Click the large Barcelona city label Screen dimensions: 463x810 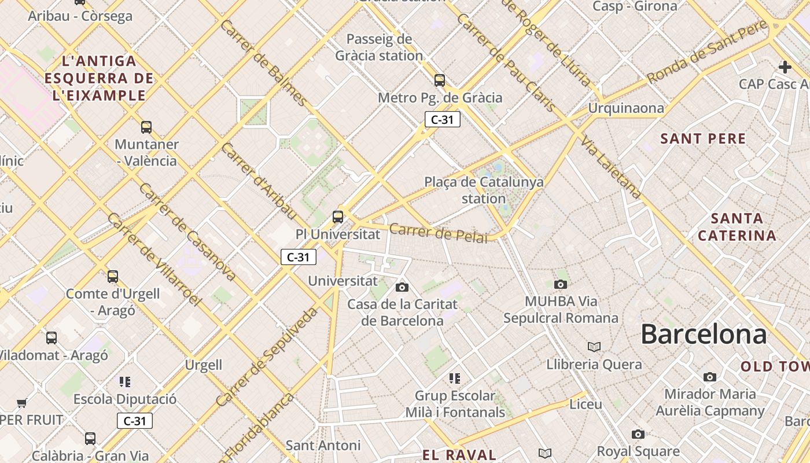pyautogui.click(x=704, y=335)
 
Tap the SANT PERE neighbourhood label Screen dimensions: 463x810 pyautogui.click(x=703, y=139)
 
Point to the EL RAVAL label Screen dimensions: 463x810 pyautogui.click(x=459, y=455)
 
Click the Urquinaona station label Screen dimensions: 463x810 pyautogui.click(x=626, y=108)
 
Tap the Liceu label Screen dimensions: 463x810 pyautogui.click(x=586, y=404)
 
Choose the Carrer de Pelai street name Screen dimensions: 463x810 pyautogui.click(x=439, y=233)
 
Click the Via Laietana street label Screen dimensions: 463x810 pyautogui.click(x=612, y=168)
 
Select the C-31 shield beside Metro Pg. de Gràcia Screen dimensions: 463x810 pyautogui.click(x=442, y=120)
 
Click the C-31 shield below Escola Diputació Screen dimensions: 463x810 pyautogui.click(x=134, y=421)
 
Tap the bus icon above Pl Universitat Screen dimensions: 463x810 pyautogui.click(x=338, y=217)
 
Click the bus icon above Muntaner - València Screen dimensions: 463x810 pyautogui.click(x=146, y=127)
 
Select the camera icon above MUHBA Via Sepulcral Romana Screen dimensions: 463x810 pyautogui.click(x=560, y=284)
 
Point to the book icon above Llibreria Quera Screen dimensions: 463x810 pyautogui.click(x=594, y=347)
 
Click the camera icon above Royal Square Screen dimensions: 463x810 pyautogui.click(x=638, y=434)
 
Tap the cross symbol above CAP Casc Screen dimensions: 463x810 pyautogui.click(x=785, y=67)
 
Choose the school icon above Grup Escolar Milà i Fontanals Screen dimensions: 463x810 pyautogui.click(x=455, y=379)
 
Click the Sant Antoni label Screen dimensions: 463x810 pyautogui.click(x=323, y=445)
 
